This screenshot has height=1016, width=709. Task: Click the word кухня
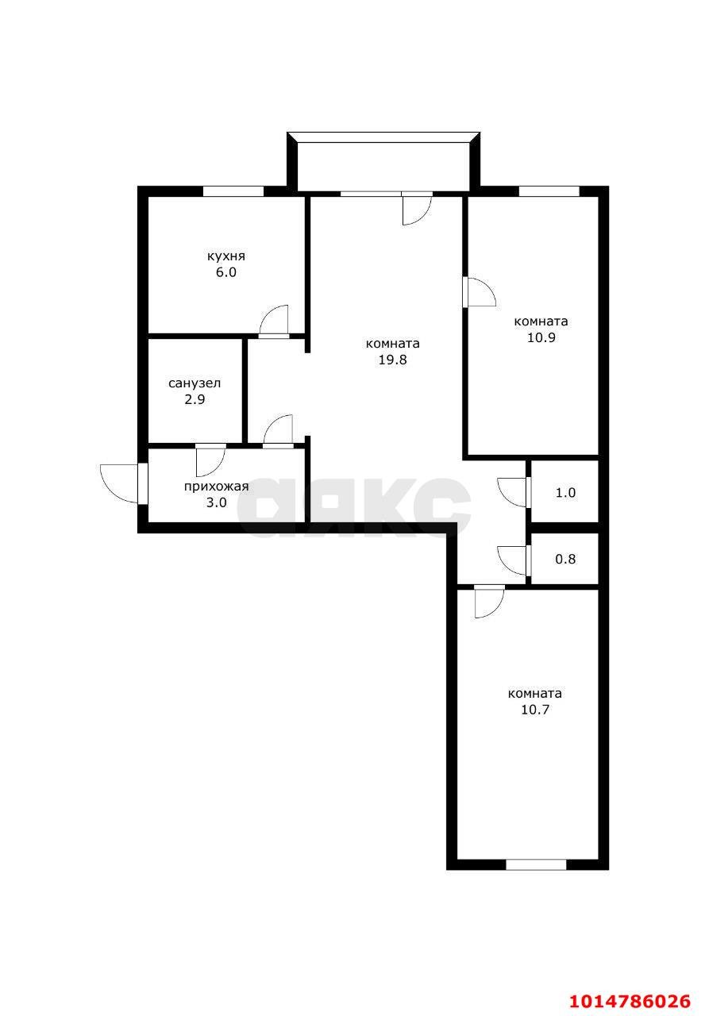pyautogui.click(x=226, y=256)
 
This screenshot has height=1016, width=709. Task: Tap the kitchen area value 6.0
pyautogui.click(x=226, y=272)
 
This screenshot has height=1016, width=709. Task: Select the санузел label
pyautogui.click(x=195, y=383)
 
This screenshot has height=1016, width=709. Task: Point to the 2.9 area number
pyautogui.click(x=195, y=399)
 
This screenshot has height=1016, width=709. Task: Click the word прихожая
pyautogui.click(x=216, y=487)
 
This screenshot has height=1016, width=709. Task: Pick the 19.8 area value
pyautogui.click(x=392, y=360)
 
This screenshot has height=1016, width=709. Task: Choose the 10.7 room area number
pyautogui.click(x=535, y=710)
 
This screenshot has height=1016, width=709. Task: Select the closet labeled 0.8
pyautogui.click(x=565, y=559)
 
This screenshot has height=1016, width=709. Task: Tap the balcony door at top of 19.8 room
pyautogui.click(x=415, y=209)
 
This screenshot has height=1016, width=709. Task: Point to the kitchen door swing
pyautogui.click(x=274, y=321)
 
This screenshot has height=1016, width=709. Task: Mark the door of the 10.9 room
pyautogui.click(x=479, y=291)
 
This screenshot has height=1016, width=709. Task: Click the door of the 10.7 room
pyautogui.click(x=488, y=602)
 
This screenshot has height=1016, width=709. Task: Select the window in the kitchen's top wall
pyautogui.click(x=233, y=191)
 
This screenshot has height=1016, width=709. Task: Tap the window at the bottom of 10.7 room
pyautogui.click(x=536, y=864)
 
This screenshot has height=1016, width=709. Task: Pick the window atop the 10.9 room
pyautogui.click(x=549, y=191)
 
